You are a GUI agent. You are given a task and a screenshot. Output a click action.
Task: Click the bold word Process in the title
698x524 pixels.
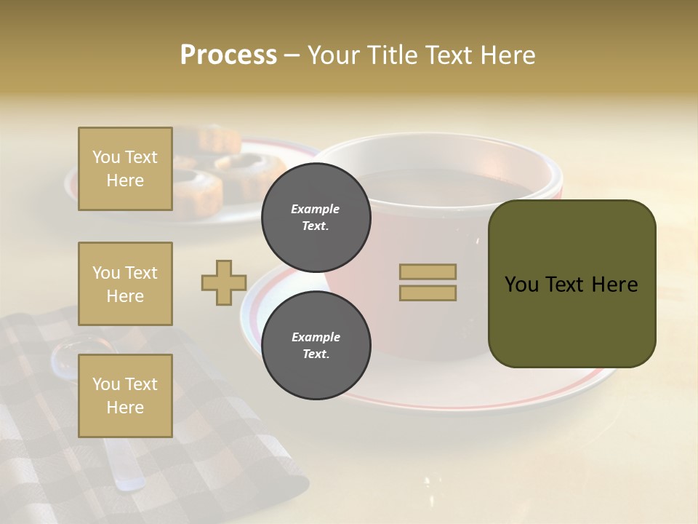[228, 55]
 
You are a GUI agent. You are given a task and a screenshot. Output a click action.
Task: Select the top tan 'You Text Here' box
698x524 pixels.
[125, 169]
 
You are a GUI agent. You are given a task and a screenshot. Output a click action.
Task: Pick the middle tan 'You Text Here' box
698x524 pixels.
[125, 284]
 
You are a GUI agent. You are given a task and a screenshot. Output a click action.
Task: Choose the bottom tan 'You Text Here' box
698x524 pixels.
[125, 395]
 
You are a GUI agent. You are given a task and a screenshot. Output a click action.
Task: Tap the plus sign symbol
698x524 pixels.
[224, 282]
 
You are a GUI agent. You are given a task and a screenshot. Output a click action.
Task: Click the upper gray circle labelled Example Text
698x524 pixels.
[316, 217]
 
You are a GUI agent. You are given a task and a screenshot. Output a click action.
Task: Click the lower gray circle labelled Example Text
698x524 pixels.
[316, 345]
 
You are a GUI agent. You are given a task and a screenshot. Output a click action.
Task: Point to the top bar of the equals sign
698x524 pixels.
[428, 271]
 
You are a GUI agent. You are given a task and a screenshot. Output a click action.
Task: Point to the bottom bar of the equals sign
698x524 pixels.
[428, 293]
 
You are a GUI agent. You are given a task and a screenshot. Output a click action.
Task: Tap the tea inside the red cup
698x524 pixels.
[451, 186]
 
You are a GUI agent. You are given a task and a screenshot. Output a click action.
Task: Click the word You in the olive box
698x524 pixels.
[522, 285]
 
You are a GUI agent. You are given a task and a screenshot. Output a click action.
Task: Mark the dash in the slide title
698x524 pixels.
[292, 55]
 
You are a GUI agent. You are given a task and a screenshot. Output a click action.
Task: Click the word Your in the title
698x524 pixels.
[332, 55]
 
